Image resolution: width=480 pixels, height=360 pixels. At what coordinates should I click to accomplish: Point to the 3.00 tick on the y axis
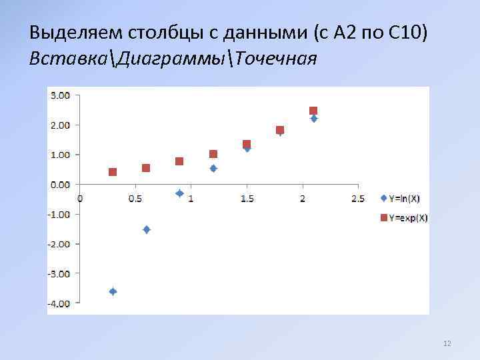pos(60,95)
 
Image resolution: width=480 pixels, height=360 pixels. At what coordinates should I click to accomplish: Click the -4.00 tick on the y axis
pos(59,303)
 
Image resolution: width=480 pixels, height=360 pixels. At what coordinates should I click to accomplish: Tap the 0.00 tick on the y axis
pos(60,184)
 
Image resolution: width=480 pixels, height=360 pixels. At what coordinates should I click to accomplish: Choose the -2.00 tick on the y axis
pos(59,244)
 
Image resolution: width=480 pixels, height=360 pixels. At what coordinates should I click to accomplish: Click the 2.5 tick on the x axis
pos(357,199)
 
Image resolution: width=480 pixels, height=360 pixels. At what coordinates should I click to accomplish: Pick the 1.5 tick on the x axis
pos(247,199)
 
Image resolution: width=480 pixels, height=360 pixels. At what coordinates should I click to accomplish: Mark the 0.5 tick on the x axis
pos(135,199)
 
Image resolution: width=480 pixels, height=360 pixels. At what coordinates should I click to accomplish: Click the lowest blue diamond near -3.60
pos(113,291)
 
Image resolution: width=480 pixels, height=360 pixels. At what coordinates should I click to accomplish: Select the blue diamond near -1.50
pos(147,229)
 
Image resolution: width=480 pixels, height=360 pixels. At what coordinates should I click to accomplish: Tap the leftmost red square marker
pos(113,172)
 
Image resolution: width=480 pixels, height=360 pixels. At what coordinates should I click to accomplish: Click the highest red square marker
pos(313,111)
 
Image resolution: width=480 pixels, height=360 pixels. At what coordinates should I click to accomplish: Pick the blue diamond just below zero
pos(179,193)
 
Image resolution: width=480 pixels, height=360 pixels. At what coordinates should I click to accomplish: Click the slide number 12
pos(447,344)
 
